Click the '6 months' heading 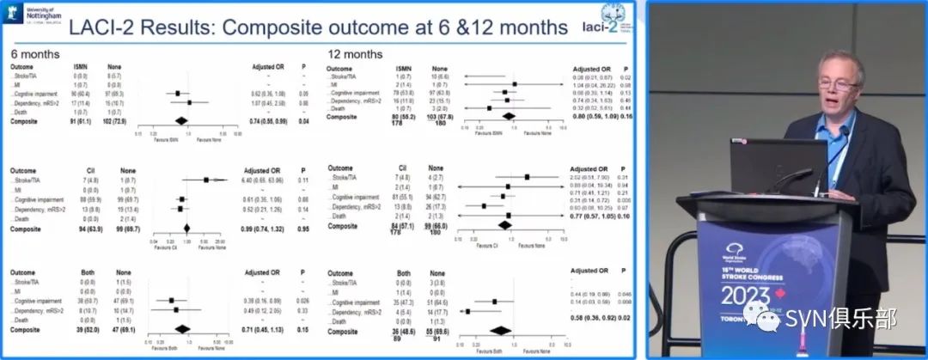35,53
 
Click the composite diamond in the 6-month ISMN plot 180,122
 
